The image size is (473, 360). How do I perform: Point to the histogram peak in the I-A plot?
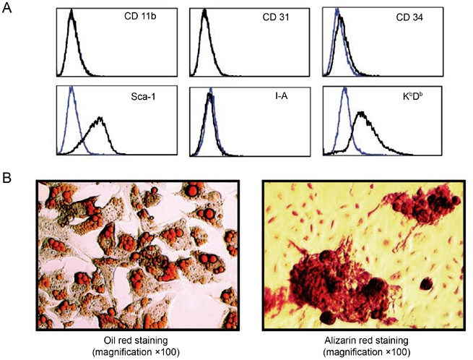click(209, 93)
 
